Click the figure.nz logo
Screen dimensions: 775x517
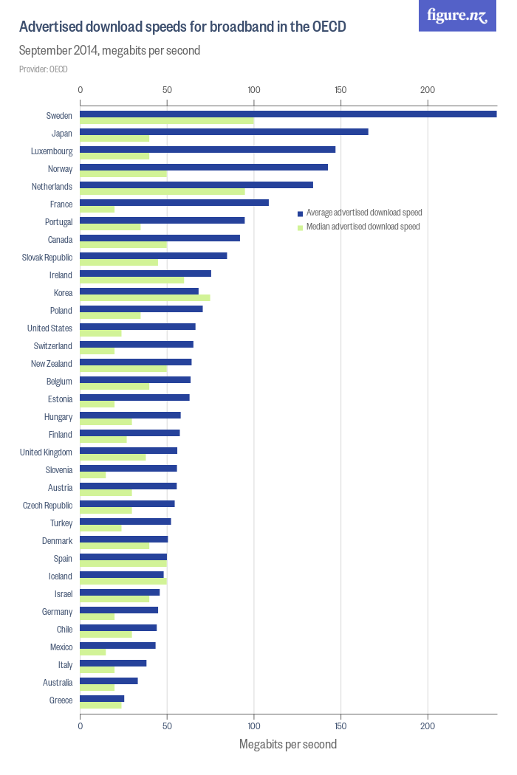[457, 16]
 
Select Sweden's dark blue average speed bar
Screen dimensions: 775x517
[288, 114]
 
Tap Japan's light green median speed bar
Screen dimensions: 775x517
[114, 139]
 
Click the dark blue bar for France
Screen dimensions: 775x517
[174, 202]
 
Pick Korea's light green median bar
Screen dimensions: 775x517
[145, 298]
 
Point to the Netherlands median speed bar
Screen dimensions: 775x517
[162, 192]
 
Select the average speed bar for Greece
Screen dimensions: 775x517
[102, 698]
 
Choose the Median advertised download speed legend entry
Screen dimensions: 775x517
[362, 227]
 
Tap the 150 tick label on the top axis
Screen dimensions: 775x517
[340, 90]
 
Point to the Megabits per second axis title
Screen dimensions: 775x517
[288, 744]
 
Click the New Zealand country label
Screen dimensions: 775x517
[52, 364]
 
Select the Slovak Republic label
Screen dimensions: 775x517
[47, 258]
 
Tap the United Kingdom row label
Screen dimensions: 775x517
[46, 452]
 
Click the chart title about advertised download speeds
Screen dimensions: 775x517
[182, 27]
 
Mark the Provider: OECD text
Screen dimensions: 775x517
[44, 69]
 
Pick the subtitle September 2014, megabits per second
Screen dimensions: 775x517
[109, 51]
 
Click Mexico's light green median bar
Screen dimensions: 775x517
[93, 652]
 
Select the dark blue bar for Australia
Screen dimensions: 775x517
[109, 681]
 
